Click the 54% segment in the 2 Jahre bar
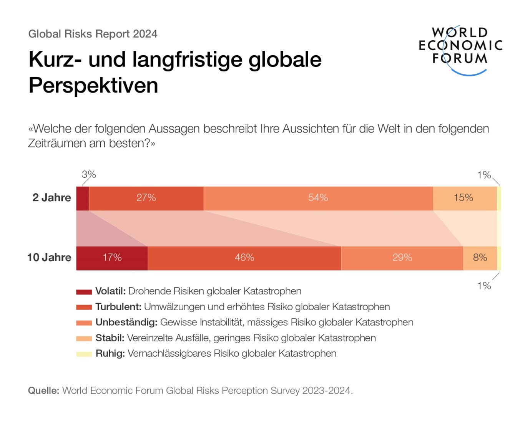point(318,198)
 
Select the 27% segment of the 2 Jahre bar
point(146,198)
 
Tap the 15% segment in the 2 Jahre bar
point(464,198)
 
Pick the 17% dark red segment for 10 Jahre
point(112,258)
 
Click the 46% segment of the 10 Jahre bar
point(244,258)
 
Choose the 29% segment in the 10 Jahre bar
point(402,258)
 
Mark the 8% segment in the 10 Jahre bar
point(480,258)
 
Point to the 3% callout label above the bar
point(89,175)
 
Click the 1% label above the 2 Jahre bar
point(484,175)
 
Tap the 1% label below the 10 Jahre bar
point(484,286)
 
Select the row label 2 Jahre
point(52,198)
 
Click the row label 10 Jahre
point(49,258)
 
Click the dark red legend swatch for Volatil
point(84,292)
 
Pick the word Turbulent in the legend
point(118,307)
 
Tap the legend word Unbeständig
point(126,322)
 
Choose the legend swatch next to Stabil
point(84,339)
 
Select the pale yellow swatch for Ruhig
point(84,354)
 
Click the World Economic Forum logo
point(460,50)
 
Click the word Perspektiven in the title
point(93,85)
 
